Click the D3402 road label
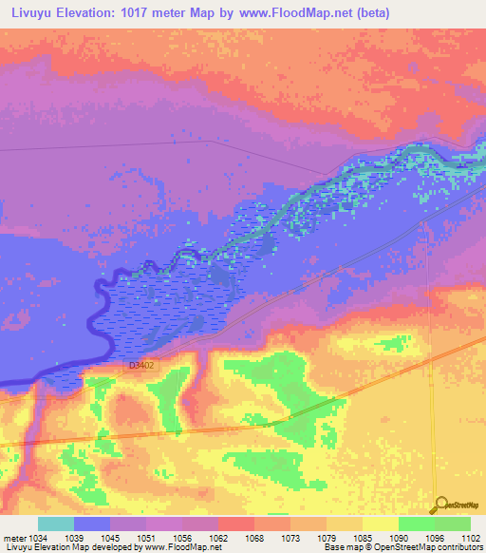click(141, 365)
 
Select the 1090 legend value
click(401, 538)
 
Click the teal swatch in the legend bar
click(56, 524)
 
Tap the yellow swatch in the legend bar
click(380, 524)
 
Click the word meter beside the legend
click(13, 538)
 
